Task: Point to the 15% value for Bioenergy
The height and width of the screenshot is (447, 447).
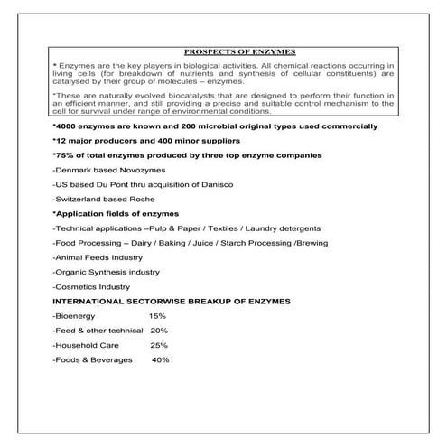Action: pos(158,315)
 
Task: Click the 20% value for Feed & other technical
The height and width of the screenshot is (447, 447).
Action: pos(159,331)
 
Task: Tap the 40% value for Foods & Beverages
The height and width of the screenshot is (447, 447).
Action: pos(161,360)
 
